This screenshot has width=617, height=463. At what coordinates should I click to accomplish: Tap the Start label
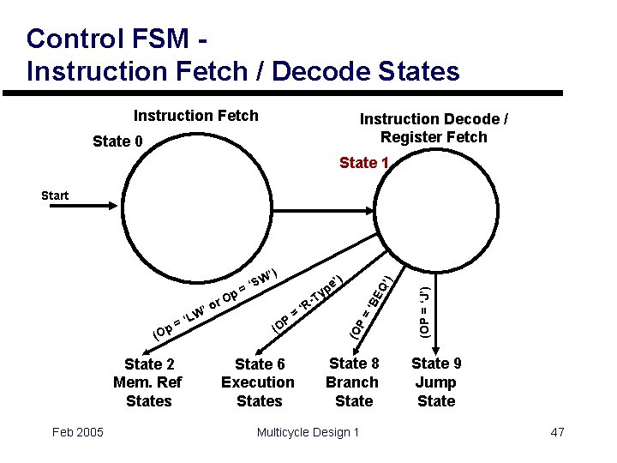pos(55,195)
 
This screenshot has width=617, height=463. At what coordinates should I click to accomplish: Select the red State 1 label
pos(364,163)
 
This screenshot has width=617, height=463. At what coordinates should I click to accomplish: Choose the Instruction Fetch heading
pos(195,116)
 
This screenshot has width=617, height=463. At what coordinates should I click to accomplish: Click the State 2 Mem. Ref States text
pos(149,382)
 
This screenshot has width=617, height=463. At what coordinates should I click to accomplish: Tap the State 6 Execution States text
pos(258,382)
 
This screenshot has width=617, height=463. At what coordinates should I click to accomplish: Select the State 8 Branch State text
pos(353,382)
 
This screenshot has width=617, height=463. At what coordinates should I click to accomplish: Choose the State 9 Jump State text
pos(435,382)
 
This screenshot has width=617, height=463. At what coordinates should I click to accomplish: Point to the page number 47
pos(557,431)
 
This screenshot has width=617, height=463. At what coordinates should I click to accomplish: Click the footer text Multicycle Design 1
pos(308,431)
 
